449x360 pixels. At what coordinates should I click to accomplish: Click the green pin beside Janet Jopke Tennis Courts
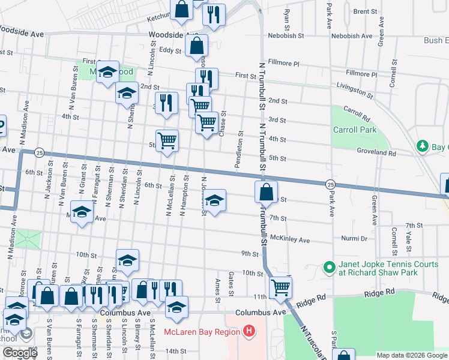[x=329, y=267]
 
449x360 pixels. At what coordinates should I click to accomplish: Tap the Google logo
[x=19, y=353]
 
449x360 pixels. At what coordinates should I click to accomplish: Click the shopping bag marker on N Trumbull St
[x=266, y=193]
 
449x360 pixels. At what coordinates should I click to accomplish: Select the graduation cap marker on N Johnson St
[x=214, y=200]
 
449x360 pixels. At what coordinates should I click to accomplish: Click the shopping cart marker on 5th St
[x=167, y=140]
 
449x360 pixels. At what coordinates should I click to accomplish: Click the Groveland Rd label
[x=376, y=153]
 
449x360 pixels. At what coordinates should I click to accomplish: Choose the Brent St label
[x=365, y=11]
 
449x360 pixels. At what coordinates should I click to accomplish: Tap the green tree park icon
[x=423, y=146]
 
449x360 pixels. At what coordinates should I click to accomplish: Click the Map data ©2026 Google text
[x=412, y=355]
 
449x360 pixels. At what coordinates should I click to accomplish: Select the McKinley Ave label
[x=289, y=240]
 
